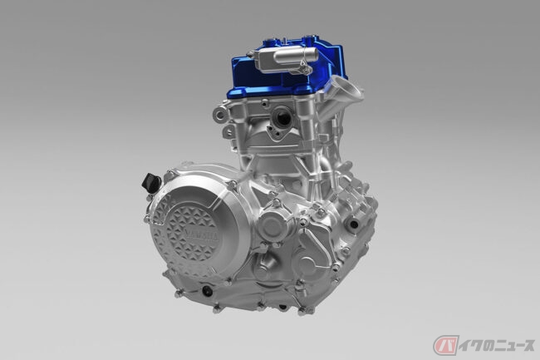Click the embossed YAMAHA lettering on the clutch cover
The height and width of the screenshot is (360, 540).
(202, 236)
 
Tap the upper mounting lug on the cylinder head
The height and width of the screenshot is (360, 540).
(220, 114)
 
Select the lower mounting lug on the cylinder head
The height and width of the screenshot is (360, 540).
(228, 132)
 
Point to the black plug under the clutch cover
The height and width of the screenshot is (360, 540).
(207, 292)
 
